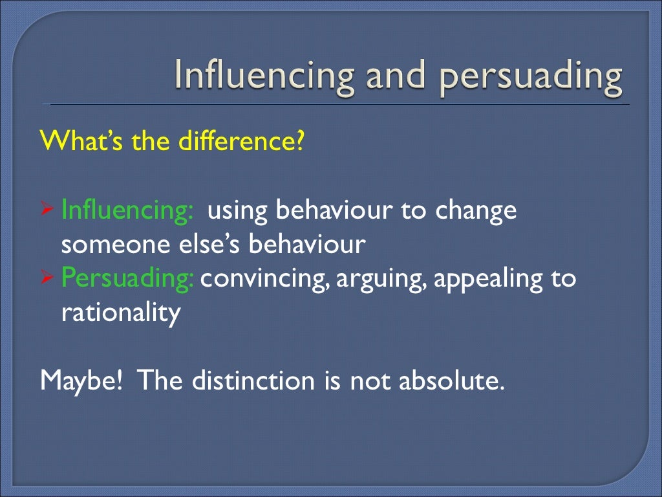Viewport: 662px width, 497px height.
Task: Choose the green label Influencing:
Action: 127,211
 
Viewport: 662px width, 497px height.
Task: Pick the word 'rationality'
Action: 120,314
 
